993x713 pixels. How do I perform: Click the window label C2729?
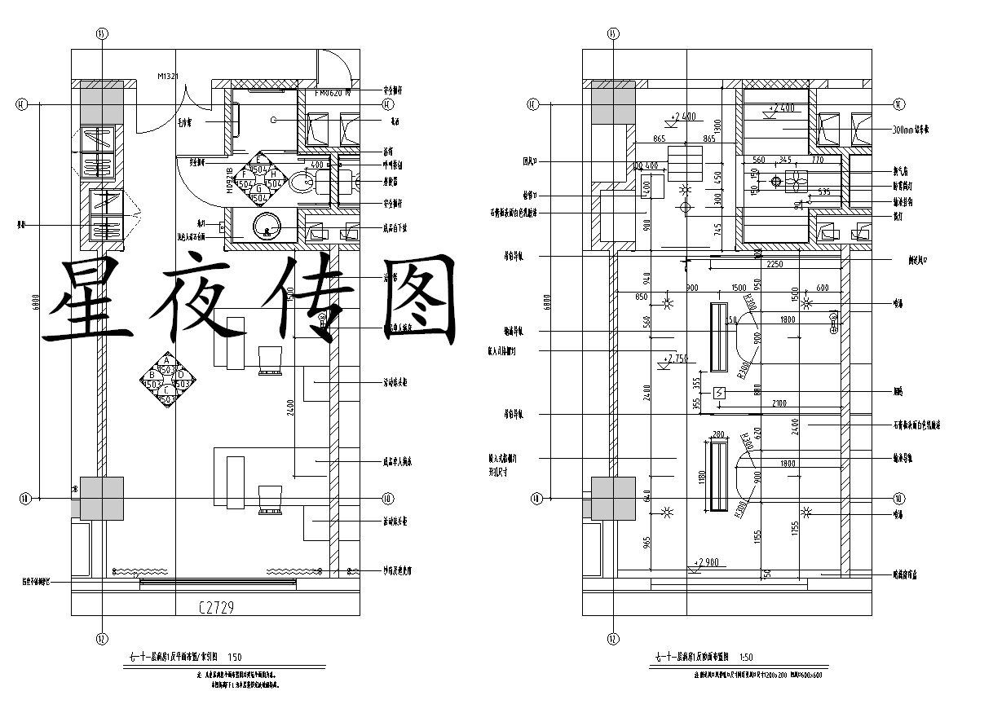pos(217,607)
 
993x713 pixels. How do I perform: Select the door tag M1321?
pos(168,76)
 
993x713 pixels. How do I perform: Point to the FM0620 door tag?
pos(332,93)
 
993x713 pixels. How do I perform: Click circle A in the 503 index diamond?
pos(166,359)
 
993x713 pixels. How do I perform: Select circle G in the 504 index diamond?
pos(259,188)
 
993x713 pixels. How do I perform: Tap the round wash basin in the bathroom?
pos(267,226)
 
